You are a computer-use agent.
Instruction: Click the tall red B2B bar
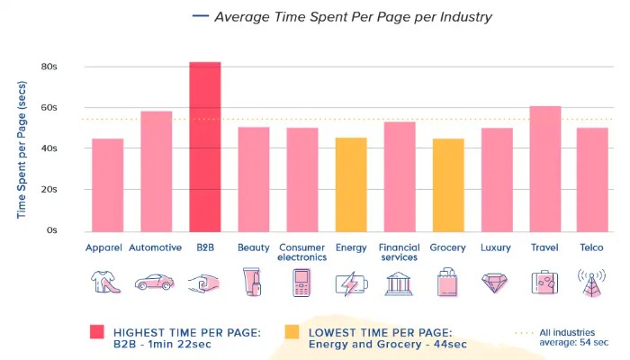point(204,146)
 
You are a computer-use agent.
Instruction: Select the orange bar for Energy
point(350,184)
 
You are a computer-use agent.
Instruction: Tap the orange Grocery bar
point(447,184)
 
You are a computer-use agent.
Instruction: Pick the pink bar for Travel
point(544,168)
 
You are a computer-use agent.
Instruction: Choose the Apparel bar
point(107,184)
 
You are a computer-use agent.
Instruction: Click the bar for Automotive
point(156,171)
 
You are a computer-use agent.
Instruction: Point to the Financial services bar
point(399,176)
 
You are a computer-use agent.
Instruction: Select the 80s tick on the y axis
point(49,67)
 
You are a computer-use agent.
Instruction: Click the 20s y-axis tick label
point(49,190)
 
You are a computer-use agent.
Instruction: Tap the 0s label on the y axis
point(51,230)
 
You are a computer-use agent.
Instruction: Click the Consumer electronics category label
point(301,252)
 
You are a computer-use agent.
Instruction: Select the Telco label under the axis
point(593,247)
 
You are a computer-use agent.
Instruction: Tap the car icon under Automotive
point(155,283)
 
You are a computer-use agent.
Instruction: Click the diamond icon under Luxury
point(496,283)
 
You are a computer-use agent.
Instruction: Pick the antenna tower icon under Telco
point(593,283)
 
